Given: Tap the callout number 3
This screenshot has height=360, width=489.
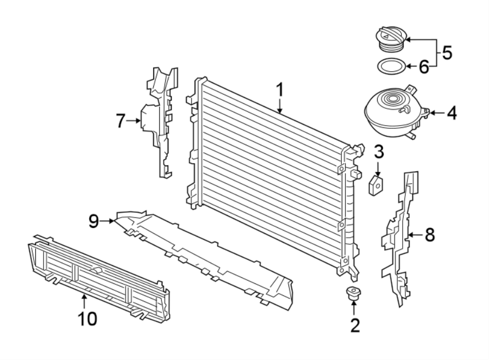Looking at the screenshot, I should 379,151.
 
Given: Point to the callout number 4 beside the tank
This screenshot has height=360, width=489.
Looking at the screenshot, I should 452,114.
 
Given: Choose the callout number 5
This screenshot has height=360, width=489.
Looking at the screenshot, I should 447,53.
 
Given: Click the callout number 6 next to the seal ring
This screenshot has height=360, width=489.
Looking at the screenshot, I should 424,67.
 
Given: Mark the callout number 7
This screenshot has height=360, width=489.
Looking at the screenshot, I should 121,121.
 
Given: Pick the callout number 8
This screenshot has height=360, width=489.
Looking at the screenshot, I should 429,235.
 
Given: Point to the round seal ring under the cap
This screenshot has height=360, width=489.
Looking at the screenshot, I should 390,67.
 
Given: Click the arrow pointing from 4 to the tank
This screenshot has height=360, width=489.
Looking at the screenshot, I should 437,114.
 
